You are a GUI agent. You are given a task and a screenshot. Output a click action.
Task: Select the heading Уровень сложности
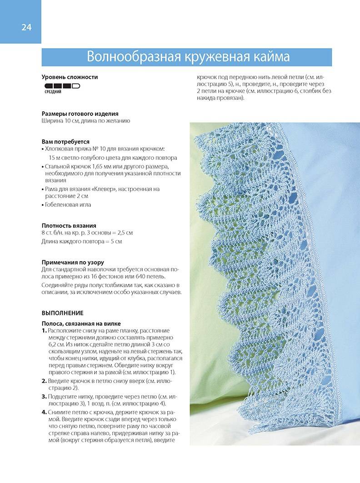[x=70, y=77]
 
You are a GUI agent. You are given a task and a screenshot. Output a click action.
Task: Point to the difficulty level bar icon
[x=62, y=85]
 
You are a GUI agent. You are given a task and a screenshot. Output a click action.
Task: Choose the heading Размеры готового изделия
[x=80, y=114]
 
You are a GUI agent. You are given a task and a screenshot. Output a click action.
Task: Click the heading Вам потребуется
[x=65, y=141]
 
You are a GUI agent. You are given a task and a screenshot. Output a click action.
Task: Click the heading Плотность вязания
[x=69, y=225]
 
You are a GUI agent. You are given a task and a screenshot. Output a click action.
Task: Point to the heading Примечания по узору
[x=73, y=262]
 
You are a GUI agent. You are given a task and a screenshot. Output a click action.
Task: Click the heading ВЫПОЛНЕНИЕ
[x=63, y=313]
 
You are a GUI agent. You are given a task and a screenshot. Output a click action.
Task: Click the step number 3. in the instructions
[x=45, y=396]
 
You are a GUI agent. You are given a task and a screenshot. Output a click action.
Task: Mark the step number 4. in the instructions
[x=45, y=413]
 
